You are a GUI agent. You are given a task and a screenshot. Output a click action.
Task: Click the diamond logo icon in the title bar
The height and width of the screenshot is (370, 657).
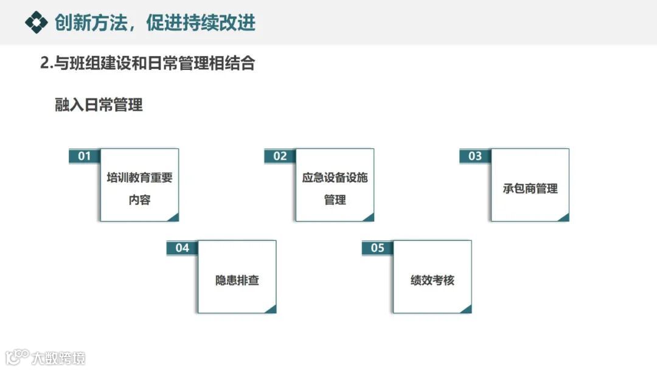click(36, 23)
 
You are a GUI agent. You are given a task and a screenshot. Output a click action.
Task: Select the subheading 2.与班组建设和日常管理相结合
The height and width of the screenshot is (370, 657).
click(147, 63)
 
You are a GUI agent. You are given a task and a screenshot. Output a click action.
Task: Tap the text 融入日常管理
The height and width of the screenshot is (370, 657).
click(99, 105)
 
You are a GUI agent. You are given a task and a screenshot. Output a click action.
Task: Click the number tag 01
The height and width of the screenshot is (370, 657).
click(85, 156)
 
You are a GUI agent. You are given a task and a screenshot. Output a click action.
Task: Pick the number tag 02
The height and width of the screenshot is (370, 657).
click(280, 156)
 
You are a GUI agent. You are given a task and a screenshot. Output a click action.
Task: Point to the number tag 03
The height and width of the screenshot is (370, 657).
click(475, 156)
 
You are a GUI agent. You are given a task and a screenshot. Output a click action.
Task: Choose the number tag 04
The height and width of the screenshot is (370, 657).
click(182, 248)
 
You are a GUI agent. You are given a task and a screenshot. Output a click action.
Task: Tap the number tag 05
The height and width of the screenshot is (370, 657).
click(378, 248)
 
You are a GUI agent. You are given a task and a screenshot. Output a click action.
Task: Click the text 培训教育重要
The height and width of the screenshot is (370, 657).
click(139, 178)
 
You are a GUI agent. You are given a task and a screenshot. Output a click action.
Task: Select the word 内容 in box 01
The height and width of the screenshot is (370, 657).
click(139, 200)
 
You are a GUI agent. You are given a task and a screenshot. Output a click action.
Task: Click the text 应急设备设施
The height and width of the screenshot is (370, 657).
click(335, 178)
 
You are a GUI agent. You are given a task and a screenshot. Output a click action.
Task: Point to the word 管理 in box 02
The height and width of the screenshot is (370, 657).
click(335, 200)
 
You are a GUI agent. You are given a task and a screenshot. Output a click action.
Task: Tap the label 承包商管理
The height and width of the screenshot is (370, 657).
click(530, 189)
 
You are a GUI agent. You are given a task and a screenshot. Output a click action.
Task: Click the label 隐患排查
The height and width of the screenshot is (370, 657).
click(237, 281)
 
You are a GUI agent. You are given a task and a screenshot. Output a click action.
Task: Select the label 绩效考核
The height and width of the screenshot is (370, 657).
click(433, 281)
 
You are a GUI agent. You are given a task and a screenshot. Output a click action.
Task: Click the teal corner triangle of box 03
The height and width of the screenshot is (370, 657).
click(564, 217)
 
